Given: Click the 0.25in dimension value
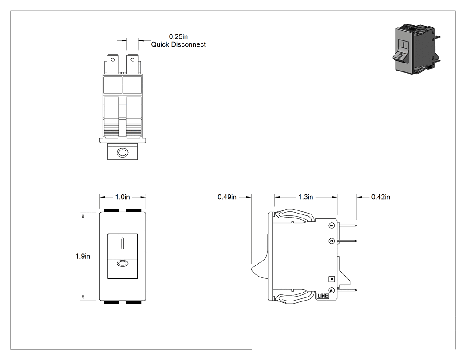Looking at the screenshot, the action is pos(178,36).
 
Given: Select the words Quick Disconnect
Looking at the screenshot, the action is pos(178,44).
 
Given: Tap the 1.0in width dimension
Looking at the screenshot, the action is pos(122,197).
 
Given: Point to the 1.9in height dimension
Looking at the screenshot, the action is pos(83,256).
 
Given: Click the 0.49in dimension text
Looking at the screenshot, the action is pos(227,197).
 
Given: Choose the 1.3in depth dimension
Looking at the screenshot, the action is pos(306,197).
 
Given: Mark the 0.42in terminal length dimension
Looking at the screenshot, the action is pos(381,197).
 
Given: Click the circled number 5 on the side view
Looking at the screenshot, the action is pos(332,225).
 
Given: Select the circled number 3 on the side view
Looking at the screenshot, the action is pos(332,241).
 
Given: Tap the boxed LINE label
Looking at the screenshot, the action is pos(323,296).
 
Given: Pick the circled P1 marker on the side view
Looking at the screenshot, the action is pos(332,290).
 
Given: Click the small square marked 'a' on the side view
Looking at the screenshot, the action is pos(332,279).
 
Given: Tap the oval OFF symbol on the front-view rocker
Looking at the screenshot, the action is pos(122,263).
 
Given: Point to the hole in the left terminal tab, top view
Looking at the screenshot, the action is pos(113,60).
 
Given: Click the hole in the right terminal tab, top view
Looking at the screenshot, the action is pos(133,60).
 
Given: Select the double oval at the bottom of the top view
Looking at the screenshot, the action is pos(122,153).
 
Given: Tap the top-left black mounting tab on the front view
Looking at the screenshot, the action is pos(111,210).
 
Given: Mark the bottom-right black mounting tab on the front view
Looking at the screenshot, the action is pos(134,302).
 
